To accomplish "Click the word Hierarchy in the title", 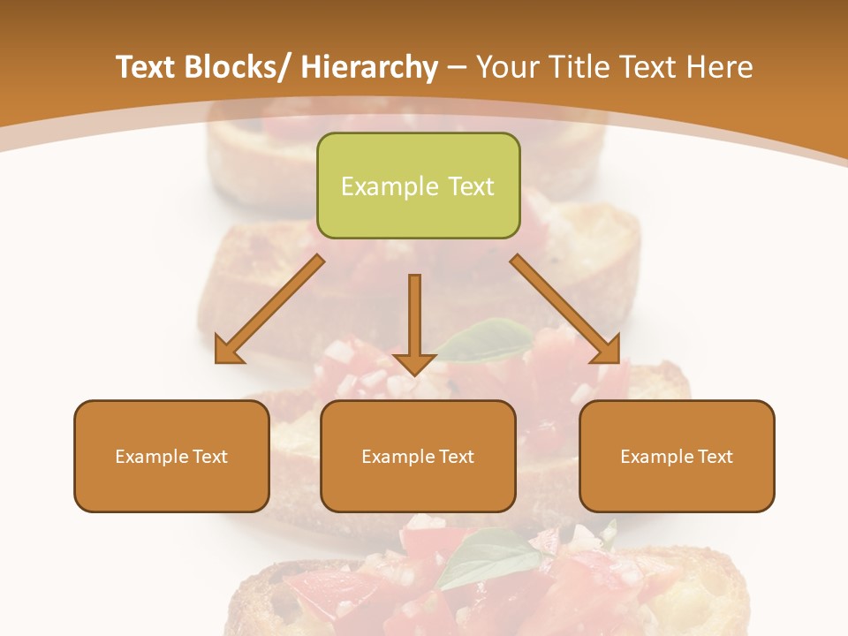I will point(369,68).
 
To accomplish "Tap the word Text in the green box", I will point(469,186).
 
